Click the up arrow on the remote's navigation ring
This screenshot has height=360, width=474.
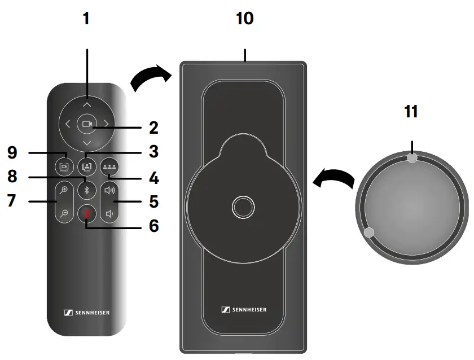point(86,104)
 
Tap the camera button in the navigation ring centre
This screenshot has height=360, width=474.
point(86,124)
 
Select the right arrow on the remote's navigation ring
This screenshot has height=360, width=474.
point(106,124)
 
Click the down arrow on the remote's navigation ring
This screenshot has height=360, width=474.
point(86,143)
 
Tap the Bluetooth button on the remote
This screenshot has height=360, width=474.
point(86,190)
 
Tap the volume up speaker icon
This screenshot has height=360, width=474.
point(109,190)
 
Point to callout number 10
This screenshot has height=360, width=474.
point(245,19)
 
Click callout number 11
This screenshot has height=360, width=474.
point(411,111)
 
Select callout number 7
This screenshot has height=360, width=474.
point(12,201)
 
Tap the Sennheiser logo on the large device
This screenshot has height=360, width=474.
point(244,309)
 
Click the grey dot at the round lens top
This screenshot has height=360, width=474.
point(412,159)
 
